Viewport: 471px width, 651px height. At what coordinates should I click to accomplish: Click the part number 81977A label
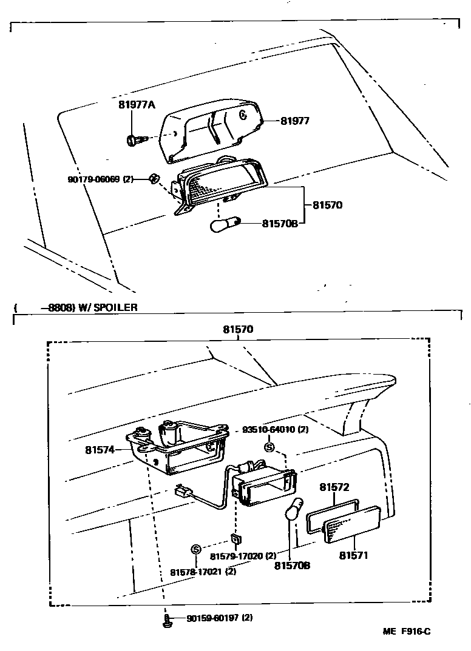click(137, 105)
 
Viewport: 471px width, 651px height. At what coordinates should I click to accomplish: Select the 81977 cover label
click(295, 121)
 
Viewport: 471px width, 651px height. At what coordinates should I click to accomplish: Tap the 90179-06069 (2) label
click(100, 179)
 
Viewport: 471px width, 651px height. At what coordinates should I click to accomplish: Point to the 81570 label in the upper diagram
click(328, 205)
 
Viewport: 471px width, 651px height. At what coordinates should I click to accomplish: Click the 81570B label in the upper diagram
click(280, 224)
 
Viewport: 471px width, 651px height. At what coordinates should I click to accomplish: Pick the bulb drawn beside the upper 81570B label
click(225, 225)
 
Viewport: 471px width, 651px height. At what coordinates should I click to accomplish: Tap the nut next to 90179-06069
click(154, 178)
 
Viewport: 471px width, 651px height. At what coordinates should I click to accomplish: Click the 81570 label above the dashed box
click(238, 330)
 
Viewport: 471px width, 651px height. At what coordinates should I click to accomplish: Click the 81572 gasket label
click(334, 487)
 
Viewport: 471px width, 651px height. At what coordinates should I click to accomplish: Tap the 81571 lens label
click(354, 555)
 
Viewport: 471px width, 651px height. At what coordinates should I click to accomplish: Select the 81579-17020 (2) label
click(243, 555)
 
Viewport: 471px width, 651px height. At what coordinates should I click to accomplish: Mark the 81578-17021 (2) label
click(203, 571)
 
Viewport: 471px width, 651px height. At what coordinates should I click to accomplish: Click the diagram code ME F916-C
click(406, 632)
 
